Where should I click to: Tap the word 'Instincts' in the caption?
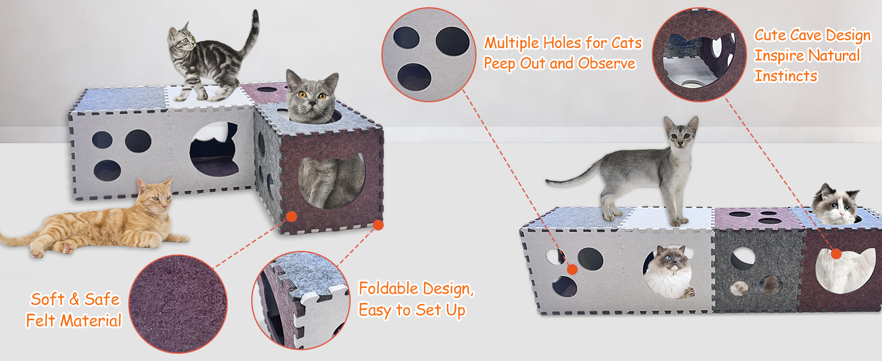[786, 76]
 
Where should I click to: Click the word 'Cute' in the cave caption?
[769, 35]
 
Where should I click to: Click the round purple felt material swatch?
[178, 304]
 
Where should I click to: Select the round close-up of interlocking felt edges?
[301, 300]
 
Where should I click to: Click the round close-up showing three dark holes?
[429, 55]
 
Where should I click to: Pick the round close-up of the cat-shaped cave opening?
[699, 54]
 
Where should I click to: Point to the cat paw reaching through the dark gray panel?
[739, 288]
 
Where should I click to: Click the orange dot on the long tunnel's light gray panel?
[572, 270]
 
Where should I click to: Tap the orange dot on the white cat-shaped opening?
[836, 254]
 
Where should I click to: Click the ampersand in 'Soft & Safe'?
[74, 299]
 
